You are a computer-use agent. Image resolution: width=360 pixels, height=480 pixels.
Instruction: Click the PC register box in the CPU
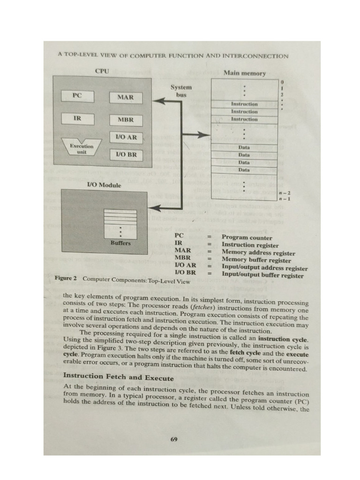pyautogui.click(x=77, y=96)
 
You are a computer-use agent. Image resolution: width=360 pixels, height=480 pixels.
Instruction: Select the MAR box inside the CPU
pyautogui.click(x=125, y=97)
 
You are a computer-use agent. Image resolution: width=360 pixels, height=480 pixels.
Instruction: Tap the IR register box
pyautogui.click(x=77, y=119)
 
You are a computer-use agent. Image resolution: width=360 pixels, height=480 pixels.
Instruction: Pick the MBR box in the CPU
pyautogui.click(x=125, y=120)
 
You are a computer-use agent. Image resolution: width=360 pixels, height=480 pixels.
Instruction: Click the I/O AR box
pyautogui.click(x=126, y=138)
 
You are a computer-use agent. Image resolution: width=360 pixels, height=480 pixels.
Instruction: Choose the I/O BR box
pyautogui.click(x=126, y=154)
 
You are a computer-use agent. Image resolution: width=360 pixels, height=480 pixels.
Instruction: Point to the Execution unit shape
pyautogui.click(x=82, y=149)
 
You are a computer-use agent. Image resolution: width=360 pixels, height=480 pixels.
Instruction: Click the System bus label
pyautogui.click(x=181, y=91)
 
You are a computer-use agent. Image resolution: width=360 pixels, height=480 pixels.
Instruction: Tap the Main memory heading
pyautogui.click(x=244, y=73)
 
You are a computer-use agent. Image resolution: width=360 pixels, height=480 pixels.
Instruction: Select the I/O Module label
pyautogui.click(x=104, y=185)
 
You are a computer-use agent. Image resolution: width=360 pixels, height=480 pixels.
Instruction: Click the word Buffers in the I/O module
pyautogui.click(x=121, y=243)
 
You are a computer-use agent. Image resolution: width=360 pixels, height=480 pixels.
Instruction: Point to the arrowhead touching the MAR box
pyautogui.click(x=158, y=100)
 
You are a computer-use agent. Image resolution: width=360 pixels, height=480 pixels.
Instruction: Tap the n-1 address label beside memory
pyautogui.click(x=283, y=200)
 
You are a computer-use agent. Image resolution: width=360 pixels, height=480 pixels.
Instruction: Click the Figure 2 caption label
pyautogui.click(x=66, y=278)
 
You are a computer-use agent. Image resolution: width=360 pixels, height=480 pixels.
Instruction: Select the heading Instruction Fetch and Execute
pyautogui.click(x=118, y=376)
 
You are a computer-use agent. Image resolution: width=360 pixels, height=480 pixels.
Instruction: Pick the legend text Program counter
pyautogui.click(x=247, y=238)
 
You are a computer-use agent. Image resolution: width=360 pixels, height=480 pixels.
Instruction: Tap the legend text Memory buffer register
pyautogui.click(x=256, y=260)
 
